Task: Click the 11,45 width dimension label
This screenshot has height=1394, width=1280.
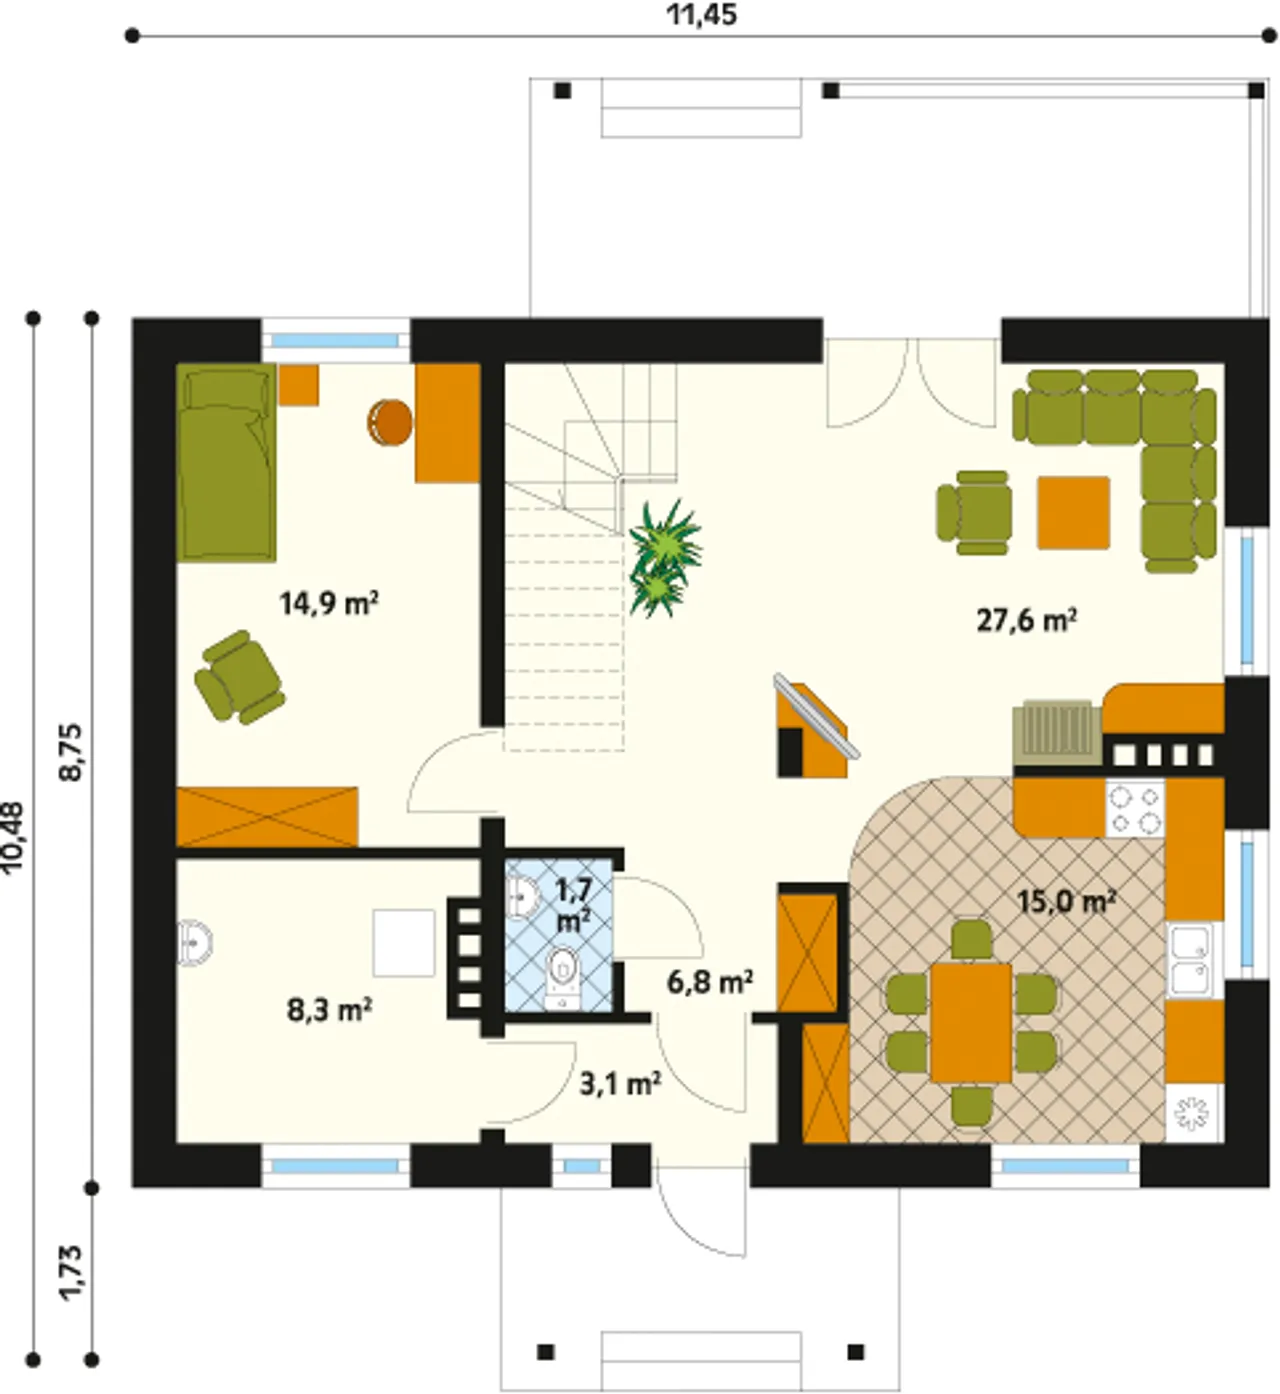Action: tap(701, 15)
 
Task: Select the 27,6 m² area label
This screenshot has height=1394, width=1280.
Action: tap(1026, 619)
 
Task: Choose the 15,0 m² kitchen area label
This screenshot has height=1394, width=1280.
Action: tap(1067, 901)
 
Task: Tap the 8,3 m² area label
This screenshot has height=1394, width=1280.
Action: tap(329, 1010)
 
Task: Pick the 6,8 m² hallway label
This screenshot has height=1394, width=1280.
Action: tap(709, 981)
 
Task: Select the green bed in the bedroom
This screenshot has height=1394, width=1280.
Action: tap(226, 462)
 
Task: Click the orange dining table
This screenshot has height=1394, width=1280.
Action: tap(971, 1022)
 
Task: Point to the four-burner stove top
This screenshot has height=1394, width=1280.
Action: tap(1135, 808)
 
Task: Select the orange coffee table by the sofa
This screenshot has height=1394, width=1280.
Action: tap(1073, 513)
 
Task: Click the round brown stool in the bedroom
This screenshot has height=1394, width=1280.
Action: tap(390, 421)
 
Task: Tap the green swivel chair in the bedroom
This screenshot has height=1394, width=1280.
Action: tap(240, 678)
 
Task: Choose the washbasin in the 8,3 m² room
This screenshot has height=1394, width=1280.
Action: tap(194, 943)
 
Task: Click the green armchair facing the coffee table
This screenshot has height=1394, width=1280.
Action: tap(975, 513)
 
